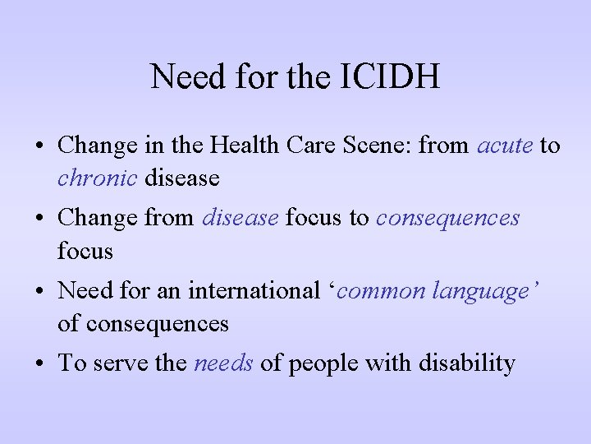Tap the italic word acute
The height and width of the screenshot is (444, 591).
pyautogui.click(x=505, y=146)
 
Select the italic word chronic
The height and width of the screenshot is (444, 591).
pyautogui.click(x=97, y=178)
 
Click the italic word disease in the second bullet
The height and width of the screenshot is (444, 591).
pyautogui.click(x=240, y=219)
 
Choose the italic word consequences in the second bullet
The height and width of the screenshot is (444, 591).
pyautogui.click(x=448, y=219)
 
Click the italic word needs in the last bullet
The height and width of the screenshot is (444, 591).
pyautogui.click(x=223, y=363)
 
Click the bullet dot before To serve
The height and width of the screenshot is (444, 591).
pyautogui.click(x=39, y=364)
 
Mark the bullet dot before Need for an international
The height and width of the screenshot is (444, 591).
pyautogui.click(x=39, y=292)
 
